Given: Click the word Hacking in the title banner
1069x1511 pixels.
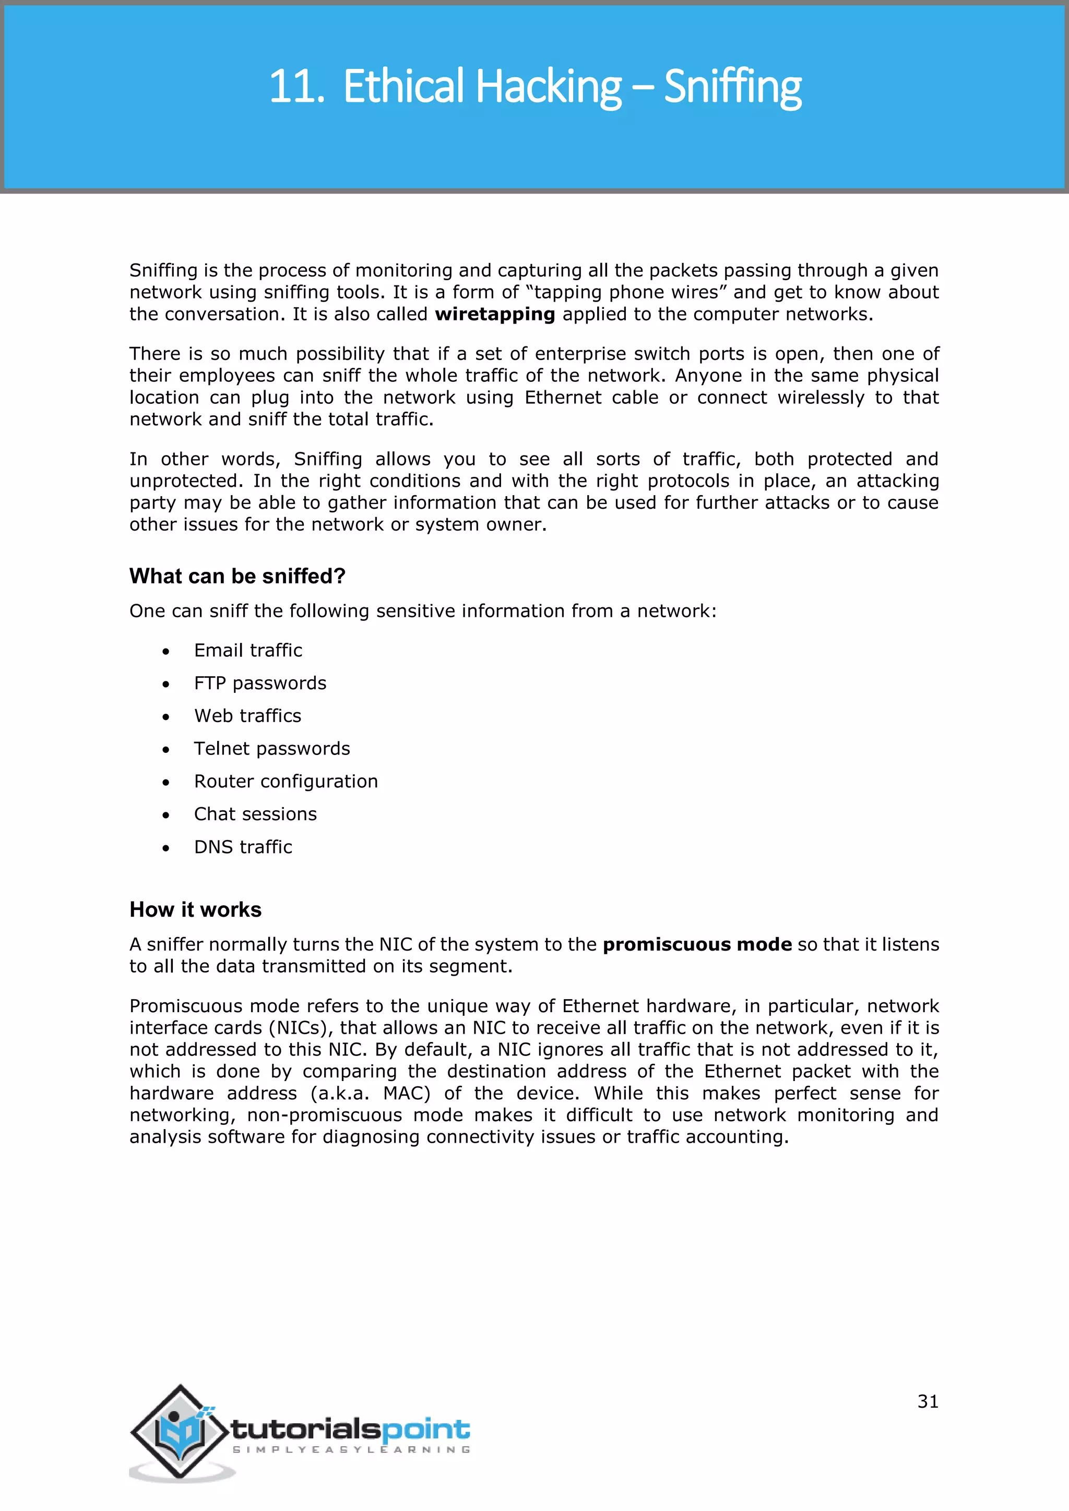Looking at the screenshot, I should point(548,87).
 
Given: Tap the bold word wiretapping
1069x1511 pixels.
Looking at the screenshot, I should point(494,315).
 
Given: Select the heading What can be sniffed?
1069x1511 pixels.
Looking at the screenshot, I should point(237,576).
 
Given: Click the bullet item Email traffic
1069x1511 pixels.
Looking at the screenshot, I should point(247,650).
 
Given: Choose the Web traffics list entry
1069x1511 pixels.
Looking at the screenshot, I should point(247,716).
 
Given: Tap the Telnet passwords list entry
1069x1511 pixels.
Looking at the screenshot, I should point(272,749).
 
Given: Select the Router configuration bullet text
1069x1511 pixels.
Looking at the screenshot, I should point(286,781).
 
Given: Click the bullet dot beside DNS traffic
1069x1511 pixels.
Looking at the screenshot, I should point(166,848).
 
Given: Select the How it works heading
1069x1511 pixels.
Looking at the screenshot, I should point(196,909).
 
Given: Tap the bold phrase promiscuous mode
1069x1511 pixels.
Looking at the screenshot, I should point(696,944).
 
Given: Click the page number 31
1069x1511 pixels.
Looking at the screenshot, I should point(928,1402).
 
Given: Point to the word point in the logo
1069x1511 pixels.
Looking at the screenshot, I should point(425,1430).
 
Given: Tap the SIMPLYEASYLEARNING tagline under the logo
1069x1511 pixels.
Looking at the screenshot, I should point(351,1450).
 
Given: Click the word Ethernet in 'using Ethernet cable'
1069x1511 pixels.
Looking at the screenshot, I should point(562,398).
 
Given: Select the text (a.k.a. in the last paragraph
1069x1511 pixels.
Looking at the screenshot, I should point(338,1094).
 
